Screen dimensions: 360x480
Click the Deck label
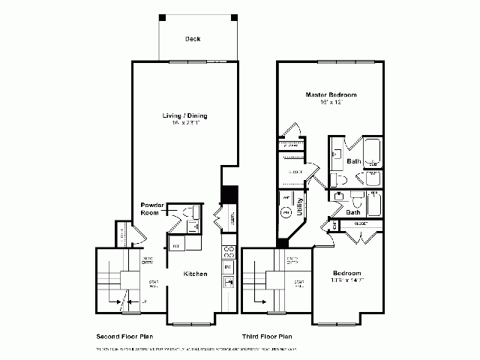point(193,39)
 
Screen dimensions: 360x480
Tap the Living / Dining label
point(185,115)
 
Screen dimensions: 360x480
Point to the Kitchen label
point(196,274)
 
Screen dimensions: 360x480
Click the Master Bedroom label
point(331,95)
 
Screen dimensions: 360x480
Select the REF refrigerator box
point(175,245)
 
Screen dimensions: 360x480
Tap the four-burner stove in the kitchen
point(229,252)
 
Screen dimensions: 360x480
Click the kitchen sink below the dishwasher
point(229,283)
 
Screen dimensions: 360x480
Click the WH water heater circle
point(286,213)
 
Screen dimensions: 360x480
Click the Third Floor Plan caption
point(266,337)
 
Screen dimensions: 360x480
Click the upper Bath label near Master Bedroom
point(353,161)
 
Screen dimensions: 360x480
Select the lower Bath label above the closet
point(352,212)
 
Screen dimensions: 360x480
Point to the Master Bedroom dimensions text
point(331,102)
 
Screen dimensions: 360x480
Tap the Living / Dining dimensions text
point(185,123)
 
